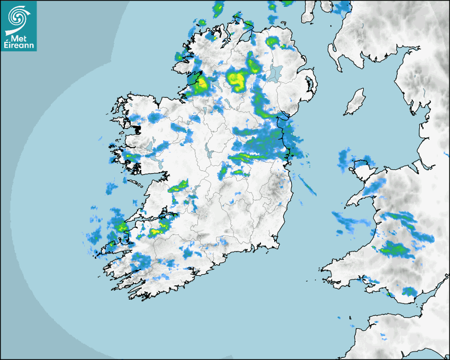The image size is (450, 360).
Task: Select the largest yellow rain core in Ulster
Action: (237, 80)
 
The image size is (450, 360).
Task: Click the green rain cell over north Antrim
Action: (272, 41)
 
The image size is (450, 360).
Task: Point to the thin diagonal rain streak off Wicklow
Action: (307, 185)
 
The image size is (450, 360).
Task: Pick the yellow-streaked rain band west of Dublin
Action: (249, 156)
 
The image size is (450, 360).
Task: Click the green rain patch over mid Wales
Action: (394, 248)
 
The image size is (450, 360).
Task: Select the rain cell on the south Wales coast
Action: (409, 291)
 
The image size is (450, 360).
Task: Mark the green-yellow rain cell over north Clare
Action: (179, 187)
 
